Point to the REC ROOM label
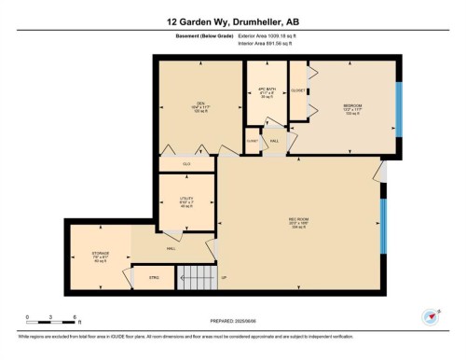click(298, 222)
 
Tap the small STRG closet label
click(154, 278)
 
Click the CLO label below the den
click(186, 164)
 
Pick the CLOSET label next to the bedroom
click(298, 90)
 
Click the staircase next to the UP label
click(196, 278)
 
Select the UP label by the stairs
click(224, 278)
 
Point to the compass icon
click(431, 317)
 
